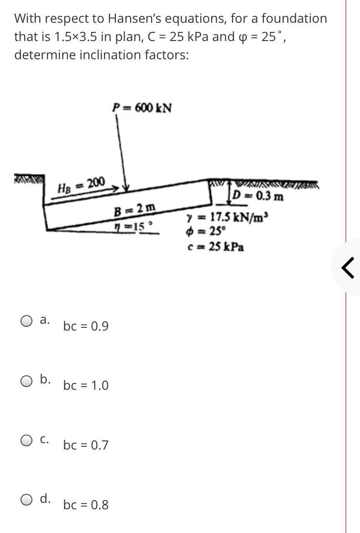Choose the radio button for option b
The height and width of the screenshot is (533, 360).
tap(26, 380)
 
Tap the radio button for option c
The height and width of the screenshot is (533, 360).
tap(26, 440)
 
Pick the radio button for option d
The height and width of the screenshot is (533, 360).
tap(26, 500)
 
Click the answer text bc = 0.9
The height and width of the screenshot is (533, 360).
tap(86, 326)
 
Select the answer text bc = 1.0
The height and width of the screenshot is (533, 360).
tap(86, 386)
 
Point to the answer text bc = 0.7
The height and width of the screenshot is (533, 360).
tap(86, 445)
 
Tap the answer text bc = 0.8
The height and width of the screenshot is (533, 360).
tap(86, 505)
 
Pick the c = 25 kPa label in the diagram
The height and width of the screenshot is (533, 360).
tap(216, 247)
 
